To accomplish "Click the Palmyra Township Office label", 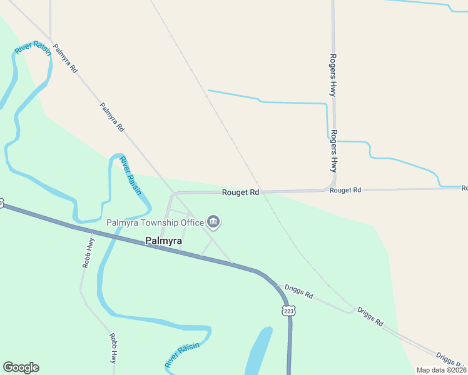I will point(155,222).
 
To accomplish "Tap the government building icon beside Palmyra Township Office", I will point(214,222).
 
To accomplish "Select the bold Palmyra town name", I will point(164,241).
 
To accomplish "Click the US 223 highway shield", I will point(288,311).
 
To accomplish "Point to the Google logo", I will point(21,367).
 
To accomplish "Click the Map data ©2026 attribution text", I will point(441,370).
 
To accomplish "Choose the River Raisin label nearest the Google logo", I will point(182,355).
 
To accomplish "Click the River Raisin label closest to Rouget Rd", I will point(131,176).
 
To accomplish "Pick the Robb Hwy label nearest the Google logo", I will point(113,348).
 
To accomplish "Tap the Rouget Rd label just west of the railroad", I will point(241,192).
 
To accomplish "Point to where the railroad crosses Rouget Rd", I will point(263,192).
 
